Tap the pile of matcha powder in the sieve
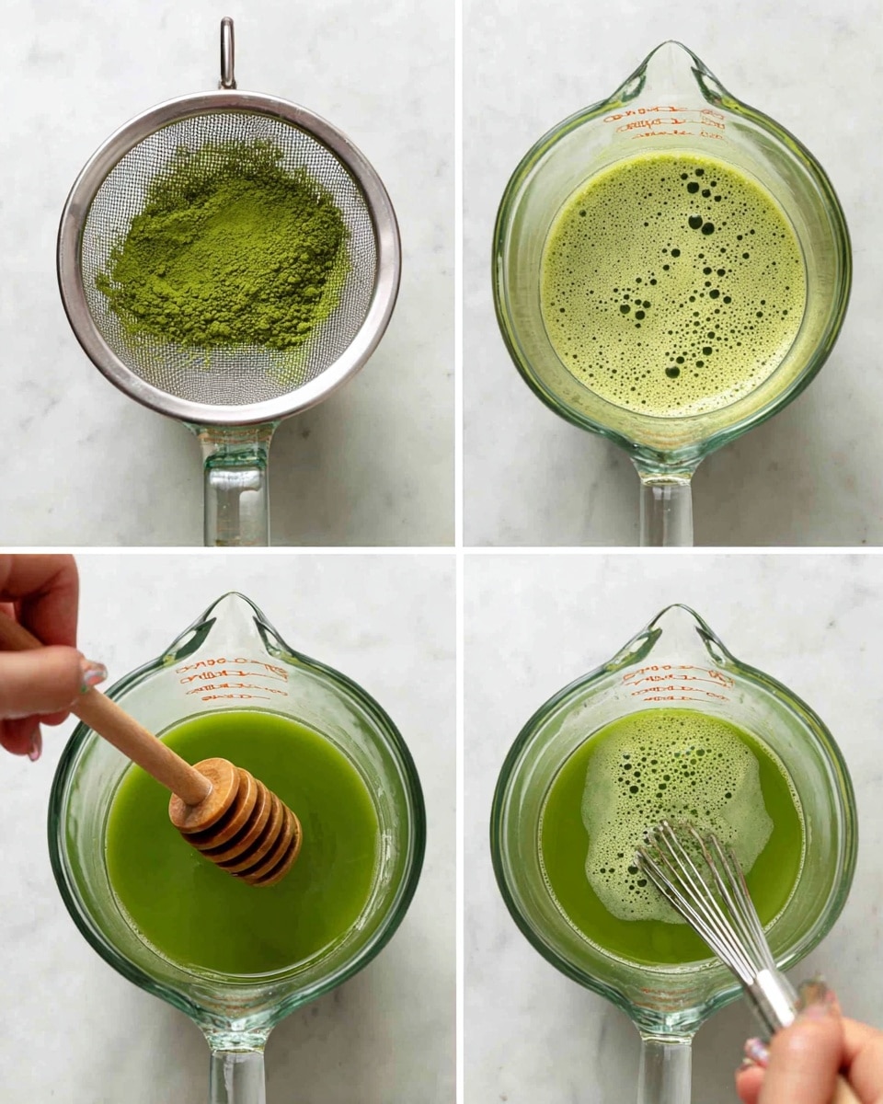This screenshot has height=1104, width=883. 225,244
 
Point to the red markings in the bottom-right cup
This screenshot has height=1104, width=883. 678,685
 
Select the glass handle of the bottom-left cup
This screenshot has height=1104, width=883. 237,1072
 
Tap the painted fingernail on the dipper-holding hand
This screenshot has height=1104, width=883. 93,676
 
